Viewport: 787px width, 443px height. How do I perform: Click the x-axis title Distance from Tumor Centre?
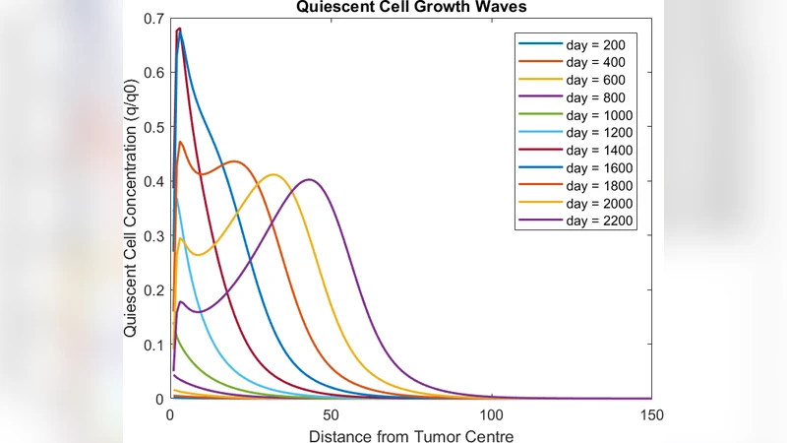click(x=410, y=434)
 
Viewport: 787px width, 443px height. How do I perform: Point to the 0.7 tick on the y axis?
click(x=152, y=19)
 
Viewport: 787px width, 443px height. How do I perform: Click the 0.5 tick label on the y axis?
click(x=152, y=127)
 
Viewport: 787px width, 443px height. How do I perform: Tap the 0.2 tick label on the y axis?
click(x=152, y=290)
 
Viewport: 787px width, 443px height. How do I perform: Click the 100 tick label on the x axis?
click(x=491, y=415)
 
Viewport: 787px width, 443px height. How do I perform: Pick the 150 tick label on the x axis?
click(x=651, y=415)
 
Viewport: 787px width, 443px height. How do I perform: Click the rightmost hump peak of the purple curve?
click(x=310, y=179)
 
